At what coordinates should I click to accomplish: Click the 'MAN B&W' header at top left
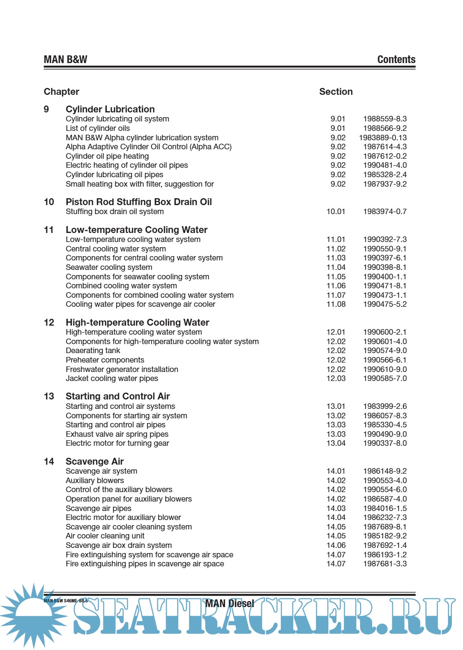click(65, 60)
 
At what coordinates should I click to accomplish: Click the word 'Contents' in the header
click(396, 60)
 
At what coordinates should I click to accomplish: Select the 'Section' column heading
click(336, 92)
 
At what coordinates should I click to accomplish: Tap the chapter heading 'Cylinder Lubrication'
click(110, 109)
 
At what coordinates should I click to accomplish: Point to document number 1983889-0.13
click(383, 138)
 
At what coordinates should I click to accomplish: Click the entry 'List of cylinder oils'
click(98, 128)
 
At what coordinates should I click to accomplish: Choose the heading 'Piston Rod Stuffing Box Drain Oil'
click(138, 202)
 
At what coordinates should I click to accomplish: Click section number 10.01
click(336, 212)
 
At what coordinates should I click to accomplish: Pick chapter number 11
click(49, 230)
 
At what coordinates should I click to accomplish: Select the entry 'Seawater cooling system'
click(109, 267)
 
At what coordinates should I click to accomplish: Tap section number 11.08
click(336, 304)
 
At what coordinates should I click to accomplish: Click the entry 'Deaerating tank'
click(93, 351)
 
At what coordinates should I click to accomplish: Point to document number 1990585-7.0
click(385, 378)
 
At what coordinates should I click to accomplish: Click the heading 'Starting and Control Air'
click(117, 396)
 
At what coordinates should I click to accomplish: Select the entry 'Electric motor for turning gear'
click(117, 443)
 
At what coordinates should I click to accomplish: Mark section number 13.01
click(336, 406)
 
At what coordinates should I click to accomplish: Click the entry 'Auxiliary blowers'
click(95, 481)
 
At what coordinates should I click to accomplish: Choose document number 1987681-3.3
click(385, 564)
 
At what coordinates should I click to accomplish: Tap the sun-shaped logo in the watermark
click(33, 615)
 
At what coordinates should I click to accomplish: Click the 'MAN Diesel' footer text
click(230, 604)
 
